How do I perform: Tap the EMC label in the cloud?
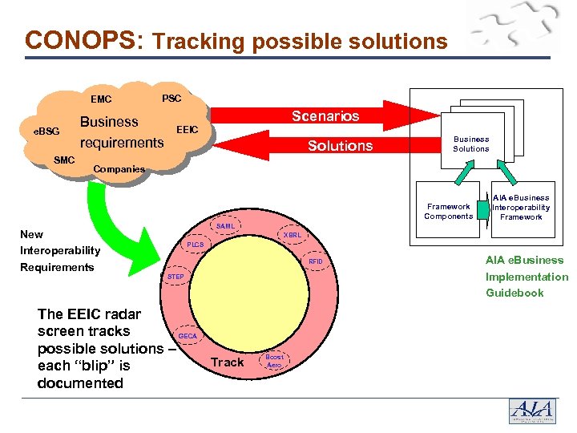pyautogui.click(x=101, y=100)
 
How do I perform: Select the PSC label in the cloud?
pyautogui.click(x=171, y=98)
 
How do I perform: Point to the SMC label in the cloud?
pyautogui.click(x=64, y=160)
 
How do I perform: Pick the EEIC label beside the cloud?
pyautogui.click(x=187, y=128)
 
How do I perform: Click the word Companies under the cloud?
pyautogui.click(x=119, y=169)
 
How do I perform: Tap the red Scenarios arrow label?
pyautogui.click(x=325, y=116)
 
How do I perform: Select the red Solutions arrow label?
pyautogui.click(x=341, y=145)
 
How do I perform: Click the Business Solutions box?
pyautogui.click(x=470, y=144)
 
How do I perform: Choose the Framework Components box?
pyautogui.click(x=448, y=211)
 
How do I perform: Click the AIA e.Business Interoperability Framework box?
pyautogui.click(x=521, y=207)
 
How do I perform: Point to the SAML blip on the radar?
pyautogui.click(x=226, y=226)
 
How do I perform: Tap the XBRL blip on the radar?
pyautogui.click(x=291, y=235)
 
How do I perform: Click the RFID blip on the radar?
pyautogui.click(x=316, y=261)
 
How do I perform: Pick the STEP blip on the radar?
pyautogui.click(x=176, y=277)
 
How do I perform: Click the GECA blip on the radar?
pyautogui.click(x=188, y=335)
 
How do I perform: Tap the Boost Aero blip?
pyautogui.click(x=274, y=361)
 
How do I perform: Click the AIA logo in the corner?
pyautogui.click(x=532, y=411)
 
